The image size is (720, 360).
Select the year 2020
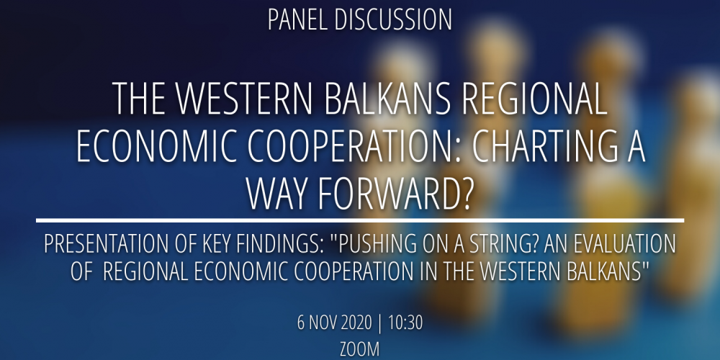[x=356, y=323]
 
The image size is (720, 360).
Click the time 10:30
[x=405, y=323]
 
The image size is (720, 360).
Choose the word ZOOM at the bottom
[x=359, y=349]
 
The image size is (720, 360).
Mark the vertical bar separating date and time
[x=379, y=324]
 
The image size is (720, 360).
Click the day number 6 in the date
[x=301, y=323]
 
